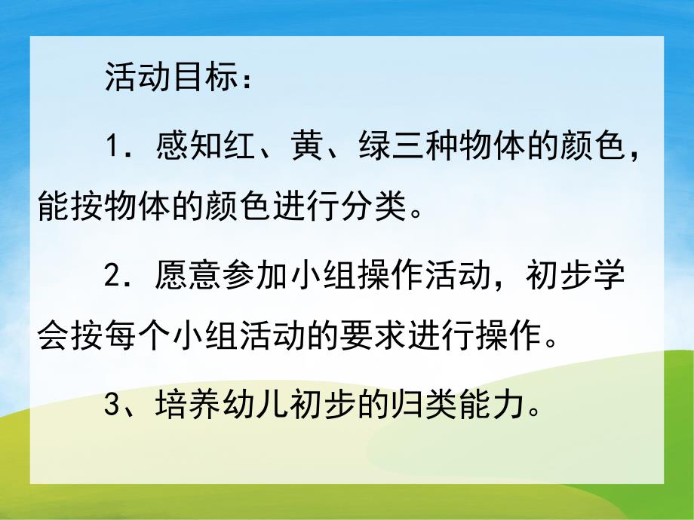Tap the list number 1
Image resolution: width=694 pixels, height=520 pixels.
[x=114, y=144]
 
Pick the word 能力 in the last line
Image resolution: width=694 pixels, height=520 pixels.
[x=498, y=408]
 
